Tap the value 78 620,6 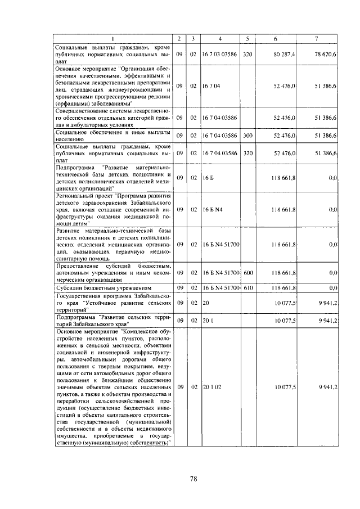pos(326,55)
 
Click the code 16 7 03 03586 pos(220,55)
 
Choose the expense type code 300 pos(247,136)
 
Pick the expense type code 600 pos(248,272)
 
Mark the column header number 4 pos(220,38)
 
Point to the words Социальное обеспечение pos(86,132)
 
